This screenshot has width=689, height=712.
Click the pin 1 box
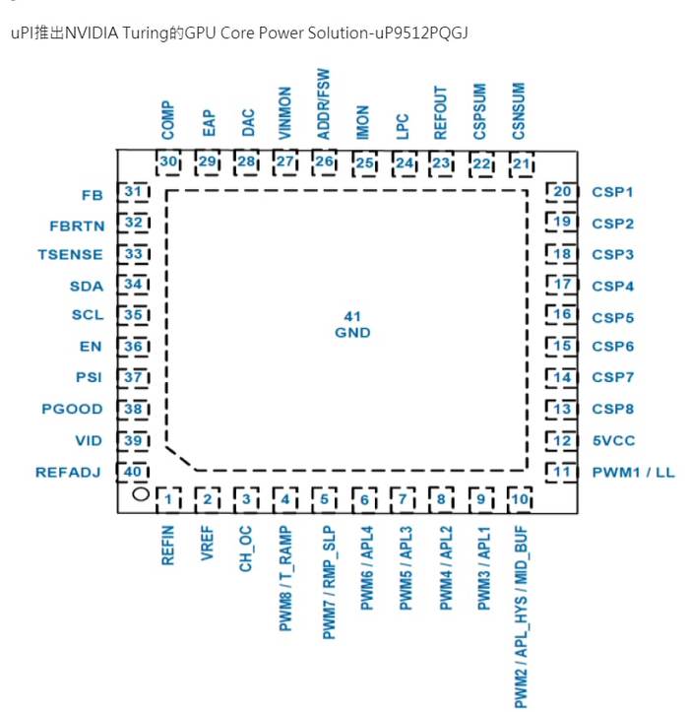tap(169, 501)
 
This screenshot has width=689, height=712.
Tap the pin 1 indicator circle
tap(139, 494)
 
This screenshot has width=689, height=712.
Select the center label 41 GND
tap(351, 325)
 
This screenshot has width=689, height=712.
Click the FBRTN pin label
tap(76, 225)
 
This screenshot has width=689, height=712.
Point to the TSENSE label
tap(70, 254)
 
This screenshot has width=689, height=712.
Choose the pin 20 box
tap(562, 192)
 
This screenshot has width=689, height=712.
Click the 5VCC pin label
tap(611, 441)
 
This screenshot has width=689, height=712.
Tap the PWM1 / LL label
tap(633, 473)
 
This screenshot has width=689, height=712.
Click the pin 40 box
tap(131, 472)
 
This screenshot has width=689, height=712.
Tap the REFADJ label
tap(69, 473)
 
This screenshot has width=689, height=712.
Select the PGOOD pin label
tap(72, 410)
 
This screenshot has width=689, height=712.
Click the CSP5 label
tap(612, 318)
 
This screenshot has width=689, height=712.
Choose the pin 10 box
tap(520, 501)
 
